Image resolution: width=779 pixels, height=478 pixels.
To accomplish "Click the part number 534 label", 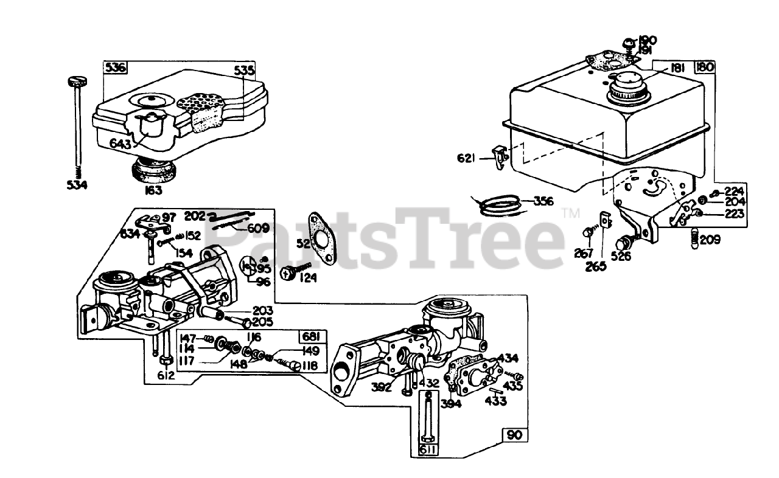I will [77, 184].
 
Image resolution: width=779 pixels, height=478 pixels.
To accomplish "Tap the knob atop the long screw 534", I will [75, 80].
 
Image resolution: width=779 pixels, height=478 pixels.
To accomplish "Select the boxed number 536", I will [115, 68].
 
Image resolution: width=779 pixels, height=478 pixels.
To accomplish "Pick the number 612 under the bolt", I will [166, 375].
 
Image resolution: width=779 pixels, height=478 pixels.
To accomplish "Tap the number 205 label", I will [264, 322].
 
